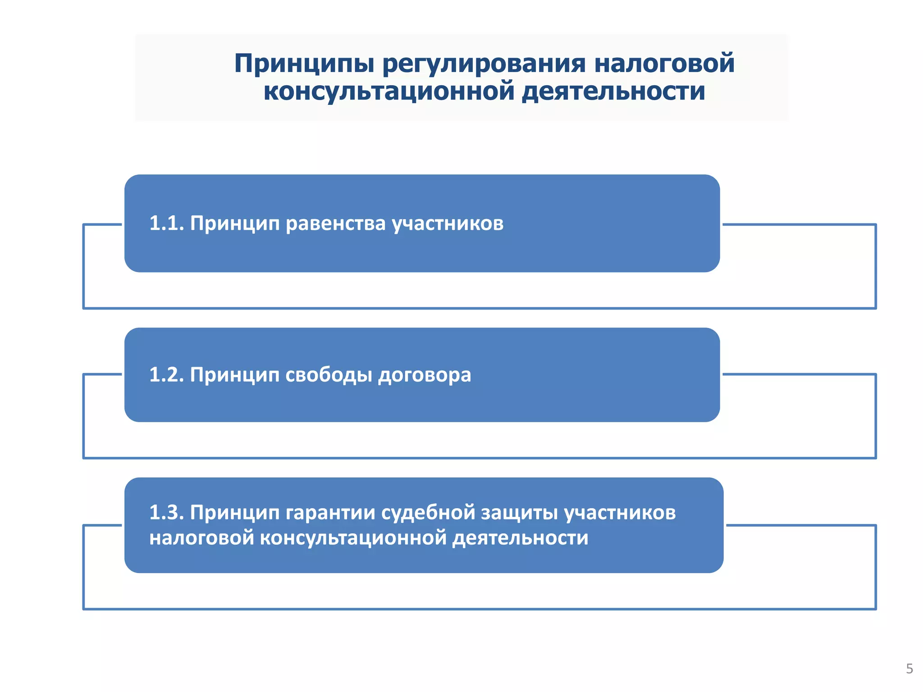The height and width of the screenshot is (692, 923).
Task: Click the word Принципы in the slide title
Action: point(305,64)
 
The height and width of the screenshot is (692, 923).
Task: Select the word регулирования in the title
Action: point(484,64)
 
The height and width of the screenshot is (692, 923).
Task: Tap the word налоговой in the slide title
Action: point(664,63)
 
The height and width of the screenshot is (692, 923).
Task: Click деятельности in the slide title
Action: point(613,92)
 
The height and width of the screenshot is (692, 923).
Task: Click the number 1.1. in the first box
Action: point(166,223)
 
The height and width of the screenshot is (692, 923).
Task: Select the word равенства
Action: point(336,223)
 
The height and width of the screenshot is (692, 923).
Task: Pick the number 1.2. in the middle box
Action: point(166,375)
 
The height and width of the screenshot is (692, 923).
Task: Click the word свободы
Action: point(329,375)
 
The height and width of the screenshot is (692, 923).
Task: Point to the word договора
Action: point(425,375)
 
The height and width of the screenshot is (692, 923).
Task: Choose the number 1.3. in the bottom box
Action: point(166,513)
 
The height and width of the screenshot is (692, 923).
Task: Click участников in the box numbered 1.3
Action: point(620,513)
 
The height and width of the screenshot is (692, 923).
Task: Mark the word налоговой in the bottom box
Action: point(201,538)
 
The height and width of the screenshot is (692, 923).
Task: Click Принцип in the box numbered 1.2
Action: point(234,375)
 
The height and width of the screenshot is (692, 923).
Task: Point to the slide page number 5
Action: point(909,669)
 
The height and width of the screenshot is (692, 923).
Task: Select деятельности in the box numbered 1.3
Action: point(521,538)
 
